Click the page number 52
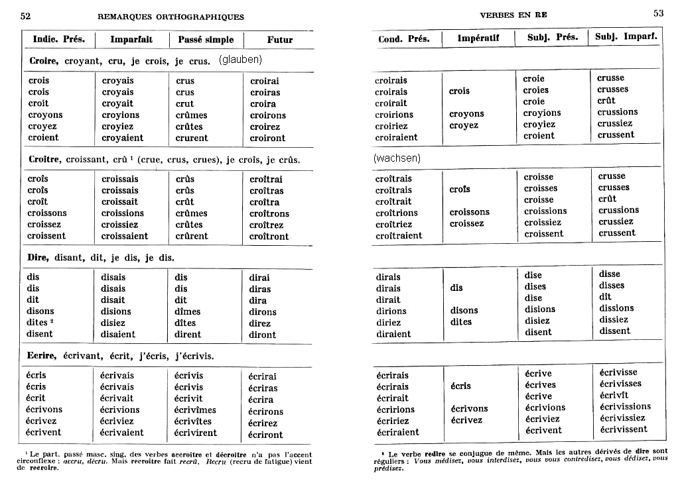pos(26,15)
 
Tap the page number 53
pos(658,13)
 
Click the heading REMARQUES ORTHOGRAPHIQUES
pos(171,17)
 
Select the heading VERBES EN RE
pos(513,15)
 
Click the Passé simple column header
pos(206,40)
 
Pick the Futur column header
pos(280,40)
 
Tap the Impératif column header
pos(478,38)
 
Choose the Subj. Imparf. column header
pos(626,37)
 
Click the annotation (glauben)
pos(241,60)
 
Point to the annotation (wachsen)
pos(397,158)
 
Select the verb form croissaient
pos(125,236)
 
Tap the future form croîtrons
pos(269,213)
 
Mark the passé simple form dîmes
pos(188,311)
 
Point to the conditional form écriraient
pos(397,432)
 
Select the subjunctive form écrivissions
pos(625,407)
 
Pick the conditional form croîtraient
pos(399,235)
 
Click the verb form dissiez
pos(614,319)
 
